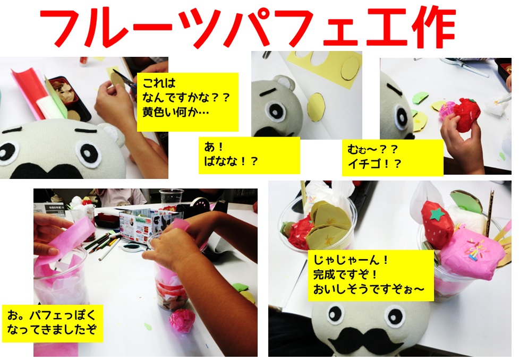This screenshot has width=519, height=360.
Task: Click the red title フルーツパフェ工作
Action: click(248, 28)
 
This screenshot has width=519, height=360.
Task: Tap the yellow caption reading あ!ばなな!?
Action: click(249, 155)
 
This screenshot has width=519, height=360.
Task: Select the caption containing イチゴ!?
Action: click(393, 158)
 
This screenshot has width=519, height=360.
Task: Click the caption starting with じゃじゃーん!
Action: click(371, 275)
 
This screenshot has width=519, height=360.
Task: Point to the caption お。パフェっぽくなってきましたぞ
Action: click(52, 323)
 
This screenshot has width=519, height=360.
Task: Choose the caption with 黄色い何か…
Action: click(188, 102)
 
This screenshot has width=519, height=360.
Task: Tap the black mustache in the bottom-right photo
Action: click(365, 340)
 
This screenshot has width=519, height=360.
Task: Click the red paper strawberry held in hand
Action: click(466, 114)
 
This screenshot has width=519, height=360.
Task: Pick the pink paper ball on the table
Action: click(181, 321)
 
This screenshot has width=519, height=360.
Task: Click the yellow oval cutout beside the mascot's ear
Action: click(316, 107)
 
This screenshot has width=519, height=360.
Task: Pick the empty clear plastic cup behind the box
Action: click(171, 198)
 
